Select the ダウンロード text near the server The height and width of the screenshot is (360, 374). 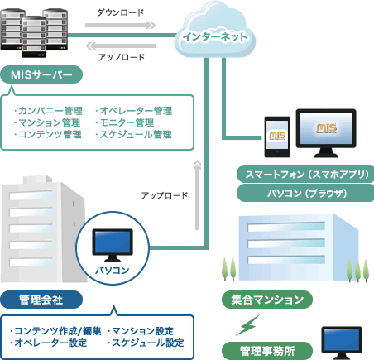click(x=120, y=13)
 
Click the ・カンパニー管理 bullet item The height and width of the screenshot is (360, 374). click(x=48, y=110)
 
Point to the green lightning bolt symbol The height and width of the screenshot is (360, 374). click(x=248, y=324)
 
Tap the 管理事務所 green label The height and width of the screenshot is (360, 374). click(x=261, y=348)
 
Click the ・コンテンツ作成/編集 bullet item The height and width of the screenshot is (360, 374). click(x=55, y=331)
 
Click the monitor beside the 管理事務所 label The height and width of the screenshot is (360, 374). click(x=343, y=342)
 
